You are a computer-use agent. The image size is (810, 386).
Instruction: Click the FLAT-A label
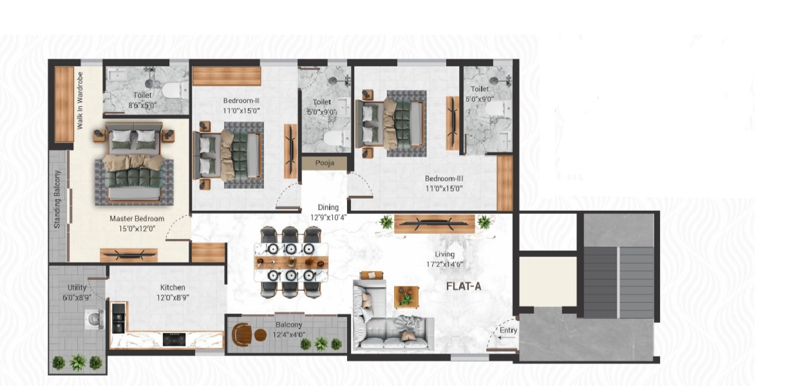coord(464,287)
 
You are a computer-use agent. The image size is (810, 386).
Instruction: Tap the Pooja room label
coord(325,163)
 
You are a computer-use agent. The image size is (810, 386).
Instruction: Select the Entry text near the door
coord(508,331)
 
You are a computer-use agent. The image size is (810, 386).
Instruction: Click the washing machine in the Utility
coord(95,319)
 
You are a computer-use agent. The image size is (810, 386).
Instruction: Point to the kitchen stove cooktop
coord(174,340)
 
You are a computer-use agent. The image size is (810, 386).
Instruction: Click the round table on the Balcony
coord(260,335)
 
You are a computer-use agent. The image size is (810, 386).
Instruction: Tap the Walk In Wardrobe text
coord(80,101)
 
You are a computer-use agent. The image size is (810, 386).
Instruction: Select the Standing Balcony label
coord(57,199)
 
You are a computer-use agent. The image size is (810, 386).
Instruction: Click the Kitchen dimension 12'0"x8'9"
coord(173,298)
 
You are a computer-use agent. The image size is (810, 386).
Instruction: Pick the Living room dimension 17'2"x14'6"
coord(444,264)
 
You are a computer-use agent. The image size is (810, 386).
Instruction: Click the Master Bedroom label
coord(137,218)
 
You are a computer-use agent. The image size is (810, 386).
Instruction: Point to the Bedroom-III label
coord(444,179)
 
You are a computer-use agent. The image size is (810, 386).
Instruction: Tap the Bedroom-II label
coord(241,101)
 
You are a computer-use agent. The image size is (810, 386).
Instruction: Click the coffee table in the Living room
coord(406,296)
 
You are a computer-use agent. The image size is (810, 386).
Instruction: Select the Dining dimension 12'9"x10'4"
coord(328,217)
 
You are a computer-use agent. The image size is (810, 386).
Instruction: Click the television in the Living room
coord(434,224)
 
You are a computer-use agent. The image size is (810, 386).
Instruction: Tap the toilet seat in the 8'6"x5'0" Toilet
coord(175,90)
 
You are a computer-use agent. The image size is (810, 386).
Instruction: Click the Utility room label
coord(77,287)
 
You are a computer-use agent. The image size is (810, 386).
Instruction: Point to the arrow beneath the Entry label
coord(507,338)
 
